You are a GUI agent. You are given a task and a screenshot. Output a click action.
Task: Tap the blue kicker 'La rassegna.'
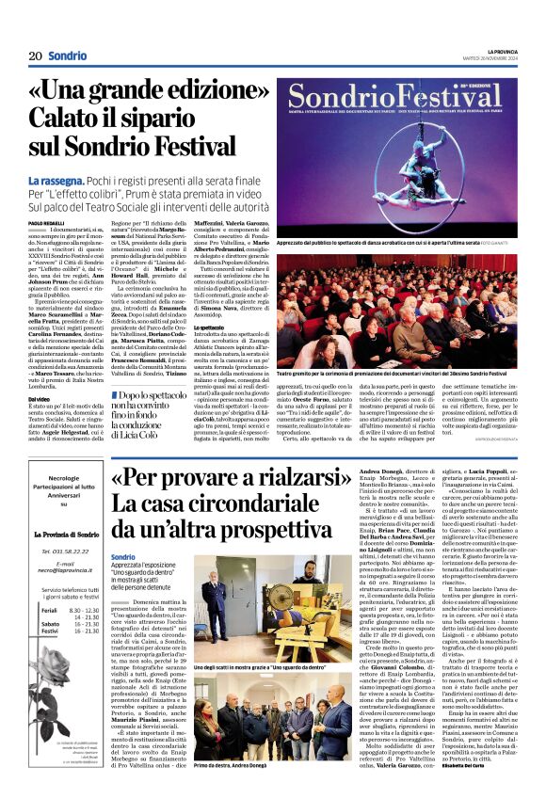58,179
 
